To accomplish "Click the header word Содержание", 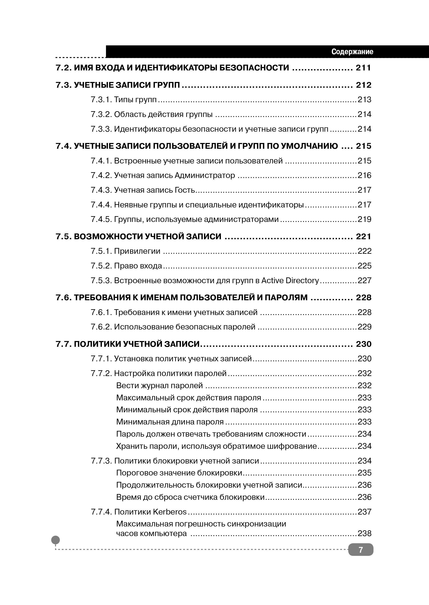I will [x=352, y=51].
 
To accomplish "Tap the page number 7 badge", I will [x=361, y=550].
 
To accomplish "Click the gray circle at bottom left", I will [x=56, y=540].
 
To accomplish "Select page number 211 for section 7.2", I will [x=363, y=68].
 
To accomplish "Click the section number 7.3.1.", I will [x=101, y=100].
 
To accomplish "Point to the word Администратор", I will [x=205, y=175].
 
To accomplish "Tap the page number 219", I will [x=364, y=219].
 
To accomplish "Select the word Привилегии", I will [x=137, y=251].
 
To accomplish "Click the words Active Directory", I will [x=290, y=280].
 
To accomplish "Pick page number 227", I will [x=364, y=280].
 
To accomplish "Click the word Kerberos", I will [x=170, y=512].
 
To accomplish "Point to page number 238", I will [x=364, y=534].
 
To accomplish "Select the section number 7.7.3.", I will [x=101, y=461].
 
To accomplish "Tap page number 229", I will [x=364, y=327].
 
